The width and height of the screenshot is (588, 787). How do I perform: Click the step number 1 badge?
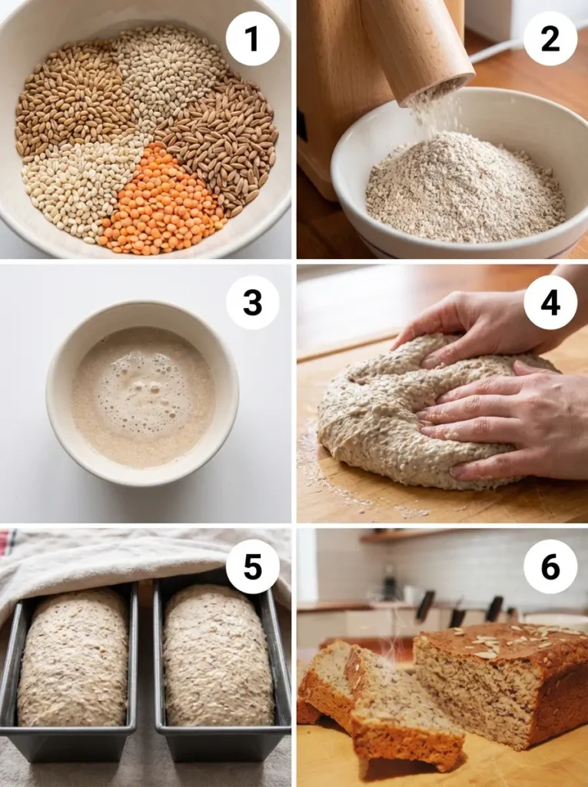pos(252,38)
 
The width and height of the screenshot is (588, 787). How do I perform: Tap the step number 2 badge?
pos(550,38)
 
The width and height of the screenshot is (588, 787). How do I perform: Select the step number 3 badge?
pos(252,302)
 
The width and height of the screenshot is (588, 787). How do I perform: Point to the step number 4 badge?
pos(550,302)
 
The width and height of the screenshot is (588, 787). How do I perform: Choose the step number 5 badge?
pos(252,567)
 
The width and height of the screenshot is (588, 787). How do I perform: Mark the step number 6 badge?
pos(550,567)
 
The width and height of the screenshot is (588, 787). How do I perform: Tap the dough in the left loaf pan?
pos(73,657)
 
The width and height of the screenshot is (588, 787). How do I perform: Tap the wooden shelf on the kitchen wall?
pos(400,536)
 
